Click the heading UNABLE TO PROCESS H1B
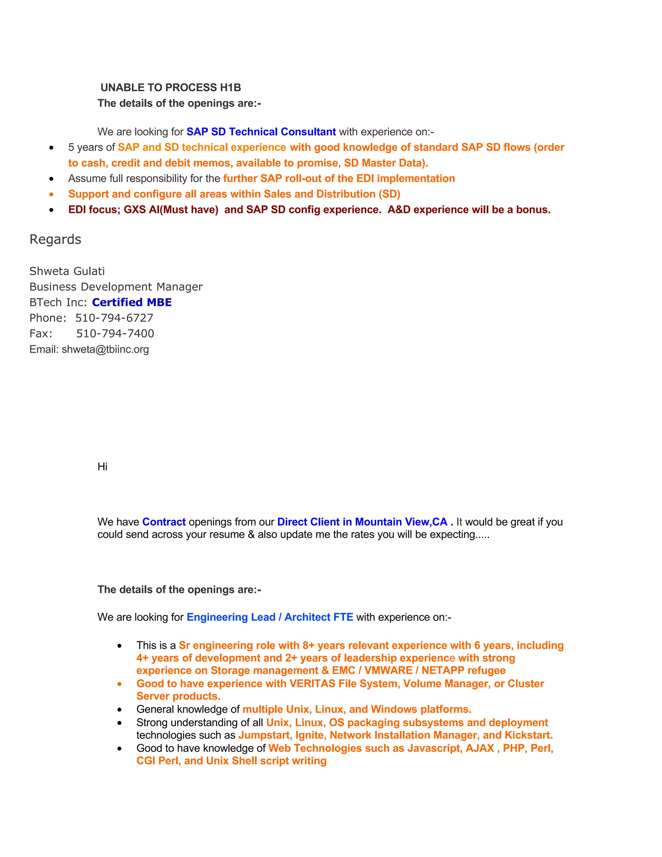(171, 88)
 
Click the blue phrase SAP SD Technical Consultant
(261, 132)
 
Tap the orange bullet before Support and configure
(51, 194)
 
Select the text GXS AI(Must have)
(171, 210)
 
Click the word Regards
(55, 239)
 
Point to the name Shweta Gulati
(67, 271)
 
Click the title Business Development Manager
(116, 287)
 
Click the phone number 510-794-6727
(114, 318)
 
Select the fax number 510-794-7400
(115, 333)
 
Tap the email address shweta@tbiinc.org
(105, 349)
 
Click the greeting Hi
(102, 467)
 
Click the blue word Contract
(164, 522)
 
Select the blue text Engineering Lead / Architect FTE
(270, 617)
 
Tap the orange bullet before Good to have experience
(120, 684)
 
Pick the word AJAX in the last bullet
(480, 748)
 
